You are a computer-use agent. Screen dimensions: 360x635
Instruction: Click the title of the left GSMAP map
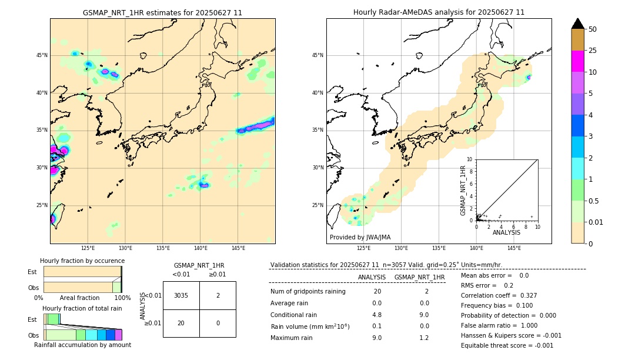click(x=162, y=12)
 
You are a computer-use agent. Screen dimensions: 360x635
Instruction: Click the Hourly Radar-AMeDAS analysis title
click(x=439, y=12)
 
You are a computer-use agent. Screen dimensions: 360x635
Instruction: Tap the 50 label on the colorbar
click(x=593, y=29)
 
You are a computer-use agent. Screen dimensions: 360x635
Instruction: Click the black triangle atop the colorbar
click(x=578, y=24)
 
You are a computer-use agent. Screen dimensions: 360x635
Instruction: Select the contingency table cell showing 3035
click(x=181, y=295)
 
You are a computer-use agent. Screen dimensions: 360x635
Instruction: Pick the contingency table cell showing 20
click(x=181, y=323)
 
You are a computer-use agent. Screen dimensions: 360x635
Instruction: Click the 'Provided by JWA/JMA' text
click(x=360, y=237)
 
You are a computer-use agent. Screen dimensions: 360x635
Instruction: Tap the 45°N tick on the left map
click(x=42, y=55)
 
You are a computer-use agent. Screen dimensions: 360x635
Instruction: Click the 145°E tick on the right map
click(x=514, y=248)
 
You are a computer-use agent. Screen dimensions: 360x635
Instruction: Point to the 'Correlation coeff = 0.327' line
click(x=499, y=295)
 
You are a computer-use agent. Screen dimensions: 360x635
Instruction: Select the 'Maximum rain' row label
click(x=291, y=338)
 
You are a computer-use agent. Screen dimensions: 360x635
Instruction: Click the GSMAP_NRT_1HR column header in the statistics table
click(x=419, y=277)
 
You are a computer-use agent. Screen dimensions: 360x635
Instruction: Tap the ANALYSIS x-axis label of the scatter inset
click(x=506, y=232)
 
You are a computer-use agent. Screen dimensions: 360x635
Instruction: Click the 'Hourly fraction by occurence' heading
click(x=82, y=261)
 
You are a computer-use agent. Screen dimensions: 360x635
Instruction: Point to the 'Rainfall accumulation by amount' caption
click(x=82, y=345)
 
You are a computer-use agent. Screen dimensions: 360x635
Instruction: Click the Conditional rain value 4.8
click(x=377, y=314)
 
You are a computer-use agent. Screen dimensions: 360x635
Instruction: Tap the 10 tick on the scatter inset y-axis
click(x=470, y=159)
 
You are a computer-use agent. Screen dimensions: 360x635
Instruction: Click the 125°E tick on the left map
click(x=88, y=248)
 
